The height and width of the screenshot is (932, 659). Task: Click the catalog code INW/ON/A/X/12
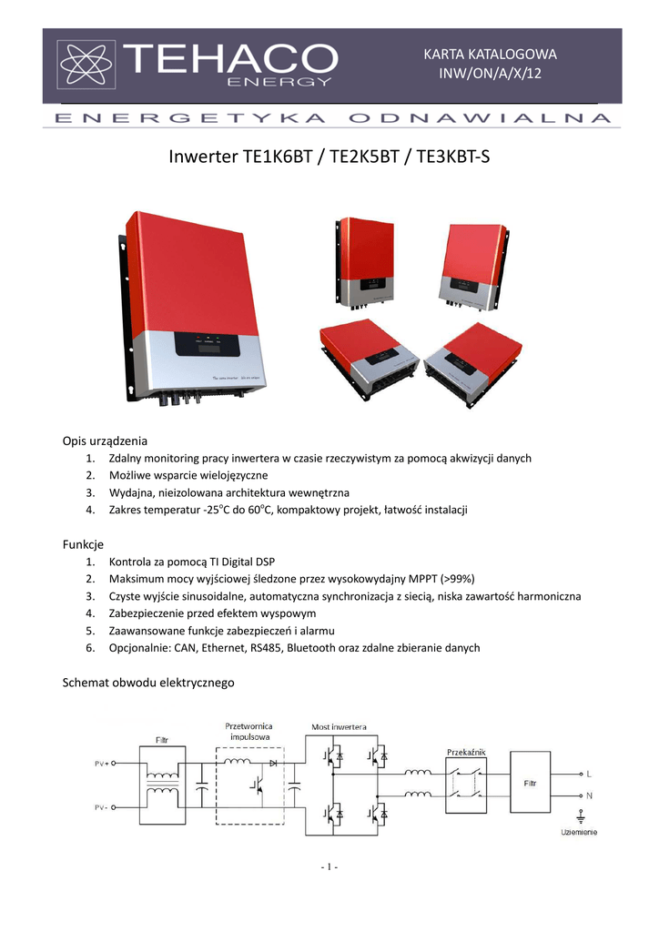[490, 73]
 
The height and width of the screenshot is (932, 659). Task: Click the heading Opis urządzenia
[105, 441]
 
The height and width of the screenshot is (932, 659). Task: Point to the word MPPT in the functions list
[421, 578]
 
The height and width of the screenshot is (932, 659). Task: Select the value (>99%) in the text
[458, 578]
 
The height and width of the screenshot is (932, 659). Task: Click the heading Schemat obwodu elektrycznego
[147, 682]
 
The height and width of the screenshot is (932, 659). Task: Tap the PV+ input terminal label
[102, 764]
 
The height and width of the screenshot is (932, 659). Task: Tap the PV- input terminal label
[102, 807]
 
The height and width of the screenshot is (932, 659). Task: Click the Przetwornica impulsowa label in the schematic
[248, 731]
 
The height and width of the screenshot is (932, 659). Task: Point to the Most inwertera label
[340, 727]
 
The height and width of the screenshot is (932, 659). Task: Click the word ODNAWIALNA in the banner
[480, 118]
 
